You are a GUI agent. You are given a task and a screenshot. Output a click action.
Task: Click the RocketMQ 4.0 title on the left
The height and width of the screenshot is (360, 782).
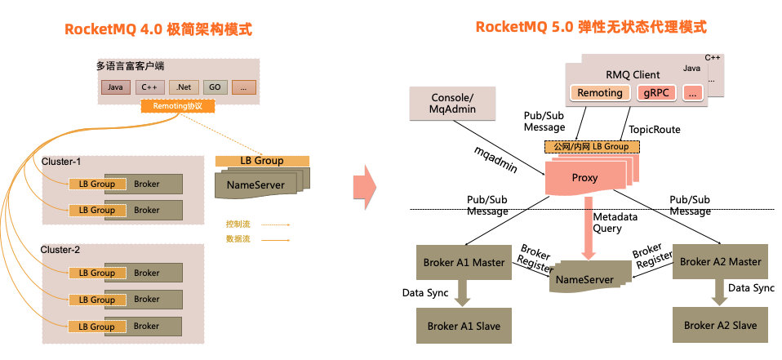click(158, 29)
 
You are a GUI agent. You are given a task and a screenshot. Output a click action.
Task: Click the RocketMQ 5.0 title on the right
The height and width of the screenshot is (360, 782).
click(591, 28)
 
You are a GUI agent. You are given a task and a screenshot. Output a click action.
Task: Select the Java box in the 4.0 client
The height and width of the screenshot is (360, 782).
click(115, 87)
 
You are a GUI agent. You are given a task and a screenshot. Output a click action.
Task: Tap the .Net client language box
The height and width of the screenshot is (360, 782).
click(183, 87)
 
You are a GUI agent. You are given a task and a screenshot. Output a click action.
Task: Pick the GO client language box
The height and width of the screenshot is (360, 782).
click(213, 87)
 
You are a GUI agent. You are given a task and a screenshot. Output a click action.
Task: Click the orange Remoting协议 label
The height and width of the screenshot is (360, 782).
click(177, 106)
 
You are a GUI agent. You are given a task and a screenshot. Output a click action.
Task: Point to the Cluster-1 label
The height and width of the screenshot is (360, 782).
click(62, 162)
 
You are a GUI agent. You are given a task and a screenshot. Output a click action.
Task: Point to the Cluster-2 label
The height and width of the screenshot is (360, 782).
click(62, 249)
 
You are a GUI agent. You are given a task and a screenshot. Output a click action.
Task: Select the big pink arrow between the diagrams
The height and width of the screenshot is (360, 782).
click(364, 186)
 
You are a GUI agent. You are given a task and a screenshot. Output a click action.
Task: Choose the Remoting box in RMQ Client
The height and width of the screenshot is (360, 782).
click(600, 93)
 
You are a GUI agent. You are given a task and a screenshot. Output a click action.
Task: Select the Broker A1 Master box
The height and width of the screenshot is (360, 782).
click(463, 262)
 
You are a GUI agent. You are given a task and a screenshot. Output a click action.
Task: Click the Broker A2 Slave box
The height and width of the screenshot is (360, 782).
click(720, 325)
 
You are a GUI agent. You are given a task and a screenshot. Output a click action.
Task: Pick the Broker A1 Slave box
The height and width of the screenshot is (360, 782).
click(463, 325)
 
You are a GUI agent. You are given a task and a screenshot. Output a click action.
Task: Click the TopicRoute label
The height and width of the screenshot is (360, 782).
click(655, 129)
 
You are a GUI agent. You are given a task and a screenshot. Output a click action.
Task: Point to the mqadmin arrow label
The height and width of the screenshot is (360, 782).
click(496, 159)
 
